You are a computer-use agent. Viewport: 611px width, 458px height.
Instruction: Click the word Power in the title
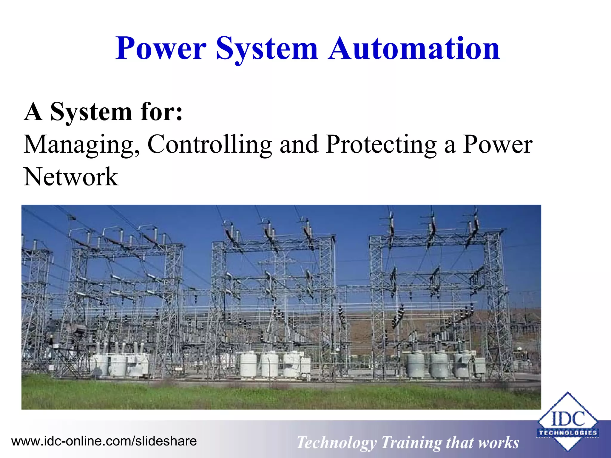tap(161, 48)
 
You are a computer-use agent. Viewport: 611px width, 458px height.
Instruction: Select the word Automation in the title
tap(414, 48)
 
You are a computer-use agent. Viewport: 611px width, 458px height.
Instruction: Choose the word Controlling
tap(209, 145)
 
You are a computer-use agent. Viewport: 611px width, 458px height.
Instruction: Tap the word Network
tap(71, 177)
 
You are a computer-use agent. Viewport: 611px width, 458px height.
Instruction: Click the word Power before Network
tap(498, 145)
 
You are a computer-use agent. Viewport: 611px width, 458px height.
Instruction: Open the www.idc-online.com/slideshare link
tap(104, 441)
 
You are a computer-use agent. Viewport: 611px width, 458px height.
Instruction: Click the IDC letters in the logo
tap(568, 419)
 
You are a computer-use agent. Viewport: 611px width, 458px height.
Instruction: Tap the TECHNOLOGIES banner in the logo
tap(568, 433)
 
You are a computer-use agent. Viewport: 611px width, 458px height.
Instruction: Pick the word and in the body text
tap(299, 145)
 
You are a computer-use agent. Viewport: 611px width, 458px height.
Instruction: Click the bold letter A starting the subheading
tap(33, 112)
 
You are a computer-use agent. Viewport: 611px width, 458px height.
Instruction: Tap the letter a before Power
tap(450, 146)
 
